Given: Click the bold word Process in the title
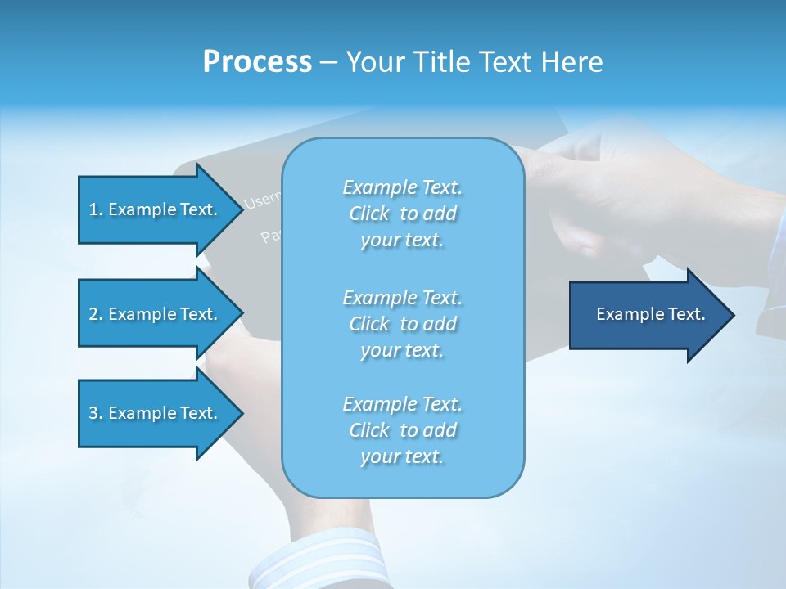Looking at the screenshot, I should click(x=257, y=62).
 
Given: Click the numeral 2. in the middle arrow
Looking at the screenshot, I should click(x=96, y=314).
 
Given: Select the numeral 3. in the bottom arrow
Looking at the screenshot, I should click(x=96, y=413).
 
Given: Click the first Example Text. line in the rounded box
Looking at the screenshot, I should click(x=402, y=187).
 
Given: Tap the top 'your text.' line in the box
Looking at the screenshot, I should click(x=402, y=241).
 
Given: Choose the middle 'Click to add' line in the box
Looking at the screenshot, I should click(x=402, y=324).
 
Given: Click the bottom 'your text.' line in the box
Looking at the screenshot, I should click(x=402, y=456).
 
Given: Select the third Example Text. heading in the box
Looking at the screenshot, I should click(x=402, y=404).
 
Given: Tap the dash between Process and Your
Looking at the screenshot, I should click(x=328, y=62).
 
